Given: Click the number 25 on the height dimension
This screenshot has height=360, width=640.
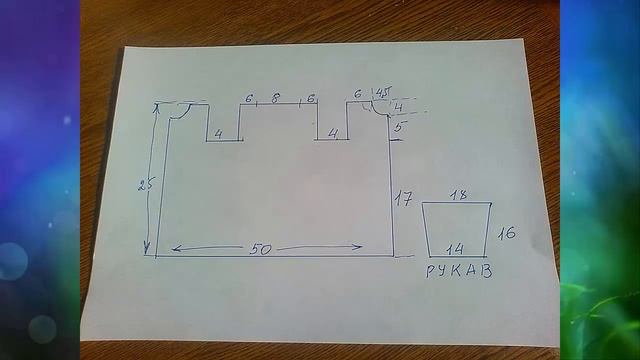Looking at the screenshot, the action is pos(145,184).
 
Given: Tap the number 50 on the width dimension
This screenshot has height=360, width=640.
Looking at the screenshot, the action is pos(260,249).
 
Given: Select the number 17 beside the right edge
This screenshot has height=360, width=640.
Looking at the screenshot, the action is pos(403,199).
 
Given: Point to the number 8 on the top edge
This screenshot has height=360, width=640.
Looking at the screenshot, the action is pos(276,98).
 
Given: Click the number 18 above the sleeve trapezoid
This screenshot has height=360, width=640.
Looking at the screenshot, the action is pos(459,195).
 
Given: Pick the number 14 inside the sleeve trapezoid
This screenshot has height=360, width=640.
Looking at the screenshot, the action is pos(455,249).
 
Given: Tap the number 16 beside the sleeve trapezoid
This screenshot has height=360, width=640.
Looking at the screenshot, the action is pos(507,233).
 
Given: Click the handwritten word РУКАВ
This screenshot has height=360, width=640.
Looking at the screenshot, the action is pos(459,271).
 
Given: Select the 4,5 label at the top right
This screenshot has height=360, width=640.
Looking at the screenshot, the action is pos(383,93).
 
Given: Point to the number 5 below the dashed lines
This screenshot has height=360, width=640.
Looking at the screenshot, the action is pos(398,127).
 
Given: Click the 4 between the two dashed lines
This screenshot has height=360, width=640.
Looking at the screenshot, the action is pos(399,108).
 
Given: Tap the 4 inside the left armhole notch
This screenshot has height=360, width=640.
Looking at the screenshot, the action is pos(219,134).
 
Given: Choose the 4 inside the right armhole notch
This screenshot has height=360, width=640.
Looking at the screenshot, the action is pos(333,133).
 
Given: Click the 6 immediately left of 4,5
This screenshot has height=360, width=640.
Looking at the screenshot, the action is pos(358,94).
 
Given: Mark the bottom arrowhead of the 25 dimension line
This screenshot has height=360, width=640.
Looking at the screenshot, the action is pos(147,248).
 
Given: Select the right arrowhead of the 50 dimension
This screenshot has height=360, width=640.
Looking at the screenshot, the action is pos(358,247).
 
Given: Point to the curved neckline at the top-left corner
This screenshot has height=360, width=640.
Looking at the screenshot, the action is pos(182,113).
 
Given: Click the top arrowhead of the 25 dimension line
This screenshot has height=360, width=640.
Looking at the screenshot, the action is pos(156,107).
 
